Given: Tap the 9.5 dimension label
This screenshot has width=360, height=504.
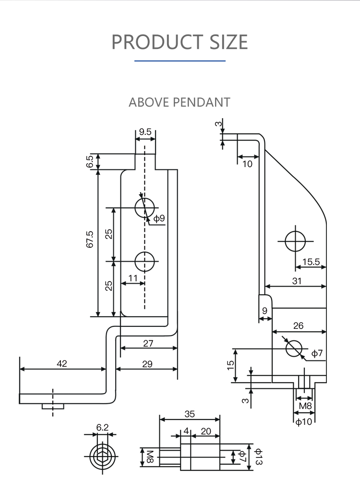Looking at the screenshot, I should pyautogui.click(x=145, y=132).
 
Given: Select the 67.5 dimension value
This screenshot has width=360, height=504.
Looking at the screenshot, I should pyautogui.click(x=90, y=239).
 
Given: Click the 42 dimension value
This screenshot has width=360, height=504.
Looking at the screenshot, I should pyautogui.click(x=62, y=364).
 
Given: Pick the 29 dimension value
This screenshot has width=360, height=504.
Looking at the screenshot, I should pyautogui.click(x=147, y=364).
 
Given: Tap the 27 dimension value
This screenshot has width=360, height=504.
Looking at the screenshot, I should pyautogui.click(x=148, y=343).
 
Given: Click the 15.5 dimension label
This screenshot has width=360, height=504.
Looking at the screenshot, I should pyautogui.click(x=311, y=262).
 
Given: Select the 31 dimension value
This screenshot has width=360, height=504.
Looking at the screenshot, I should pyautogui.click(x=297, y=281).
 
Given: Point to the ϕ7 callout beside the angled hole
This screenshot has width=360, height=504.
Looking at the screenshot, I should pyautogui.click(x=317, y=354).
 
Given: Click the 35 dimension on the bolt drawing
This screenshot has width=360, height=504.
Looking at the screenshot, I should pyautogui.click(x=190, y=414).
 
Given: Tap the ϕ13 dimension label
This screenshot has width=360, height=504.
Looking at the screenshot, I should pyautogui.click(x=258, y=456).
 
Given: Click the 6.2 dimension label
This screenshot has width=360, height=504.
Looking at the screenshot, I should pyautogui.click(x=102, y=427).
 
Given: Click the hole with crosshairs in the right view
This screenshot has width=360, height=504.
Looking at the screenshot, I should pyautogui.click(x=295, y=240).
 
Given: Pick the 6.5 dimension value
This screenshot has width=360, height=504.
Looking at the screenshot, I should pyautogui.click(x=90, y=162).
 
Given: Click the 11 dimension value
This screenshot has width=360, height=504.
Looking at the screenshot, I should pyautogui.click(x=133, y=278).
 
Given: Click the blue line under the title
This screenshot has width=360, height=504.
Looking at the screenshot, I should pyautogui.click(x=180, y=61).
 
